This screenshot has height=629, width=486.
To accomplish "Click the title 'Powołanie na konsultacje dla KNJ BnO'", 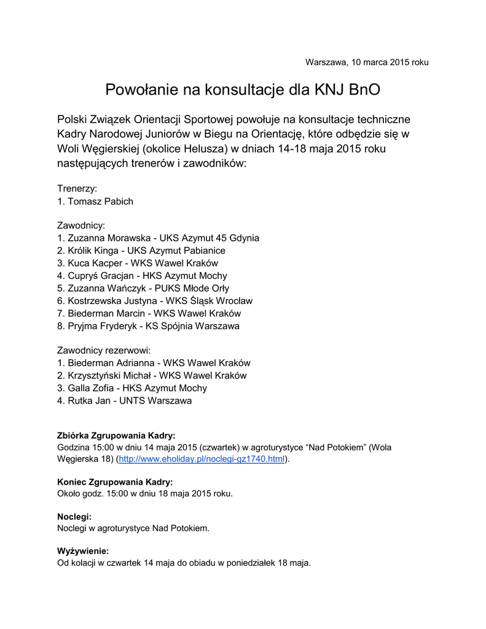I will pyautogui.click(x=243, y=90).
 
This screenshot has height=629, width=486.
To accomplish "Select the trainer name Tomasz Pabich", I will pyautogui.click(x=95, y=201).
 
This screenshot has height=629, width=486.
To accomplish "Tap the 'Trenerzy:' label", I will pyautogui.click(x=77, y=189).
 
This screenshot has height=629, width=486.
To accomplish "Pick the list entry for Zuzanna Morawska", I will pyautogui.click(x=158, y=238).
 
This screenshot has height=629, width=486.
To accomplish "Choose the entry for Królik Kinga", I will pyautogui.click(x=141, y=251).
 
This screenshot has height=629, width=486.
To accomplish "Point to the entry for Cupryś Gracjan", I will pyautogui.click(x=142, y=276).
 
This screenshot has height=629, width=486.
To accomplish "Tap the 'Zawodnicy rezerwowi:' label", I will pyautogui.click(x=104, y=351).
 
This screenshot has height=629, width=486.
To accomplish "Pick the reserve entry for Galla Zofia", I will pyautogui.click(x=132, y=388).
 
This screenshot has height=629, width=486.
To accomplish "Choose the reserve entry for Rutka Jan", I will pyautogui.click(x=124, y=400).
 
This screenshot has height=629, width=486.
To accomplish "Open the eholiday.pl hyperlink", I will pyautogui.click(x=202, y=459).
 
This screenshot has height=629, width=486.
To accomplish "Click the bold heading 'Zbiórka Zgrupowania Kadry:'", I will pyautogui.click(x=116, y=435).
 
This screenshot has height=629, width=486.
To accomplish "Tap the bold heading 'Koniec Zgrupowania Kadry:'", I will pyautogui.click(x=115, y=482).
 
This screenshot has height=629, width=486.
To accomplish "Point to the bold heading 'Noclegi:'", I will pyautogui.click(x=74, y=517).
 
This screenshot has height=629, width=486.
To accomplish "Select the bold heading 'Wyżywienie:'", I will pyautogui.click(x=83, y=551).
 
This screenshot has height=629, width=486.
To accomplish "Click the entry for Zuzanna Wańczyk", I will pyautogui.click(x=143, y=288).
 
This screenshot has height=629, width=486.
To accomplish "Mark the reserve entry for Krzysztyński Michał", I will pyautogui.click(x=152, y=375).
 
